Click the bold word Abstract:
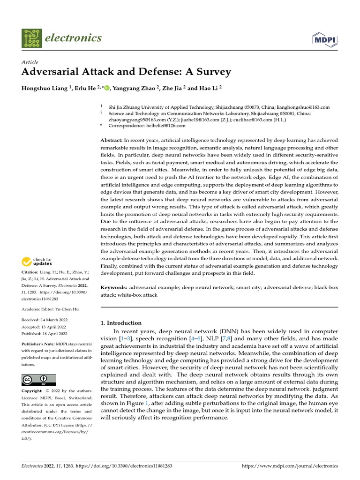pos(112,141)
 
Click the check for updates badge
pos(38,262)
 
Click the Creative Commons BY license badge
pos(38,380)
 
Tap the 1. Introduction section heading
pos(121,323)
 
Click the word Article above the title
pos(30,62)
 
